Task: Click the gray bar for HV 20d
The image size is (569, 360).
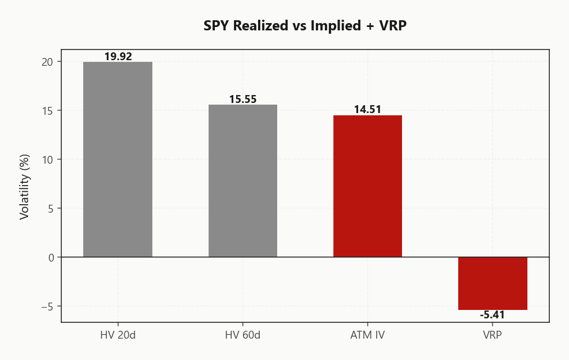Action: tap(118, 159)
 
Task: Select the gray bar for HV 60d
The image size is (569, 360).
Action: tap(242, 181)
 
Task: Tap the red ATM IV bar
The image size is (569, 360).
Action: tap(368, 186)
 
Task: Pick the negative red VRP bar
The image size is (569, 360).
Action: tap(493, 283)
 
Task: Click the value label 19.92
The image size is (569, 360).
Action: tap(118, 56)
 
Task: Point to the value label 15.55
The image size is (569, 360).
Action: tap(242, 99)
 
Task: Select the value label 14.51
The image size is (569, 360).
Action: tap(368, 109)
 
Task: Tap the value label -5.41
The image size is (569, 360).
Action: tap(493, 315)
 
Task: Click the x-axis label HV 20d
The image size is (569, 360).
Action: tap(118, 335)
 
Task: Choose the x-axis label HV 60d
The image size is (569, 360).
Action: tap(242, 335)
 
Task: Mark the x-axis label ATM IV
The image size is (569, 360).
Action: tap(368, 335)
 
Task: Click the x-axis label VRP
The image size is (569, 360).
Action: tap(493, 335)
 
